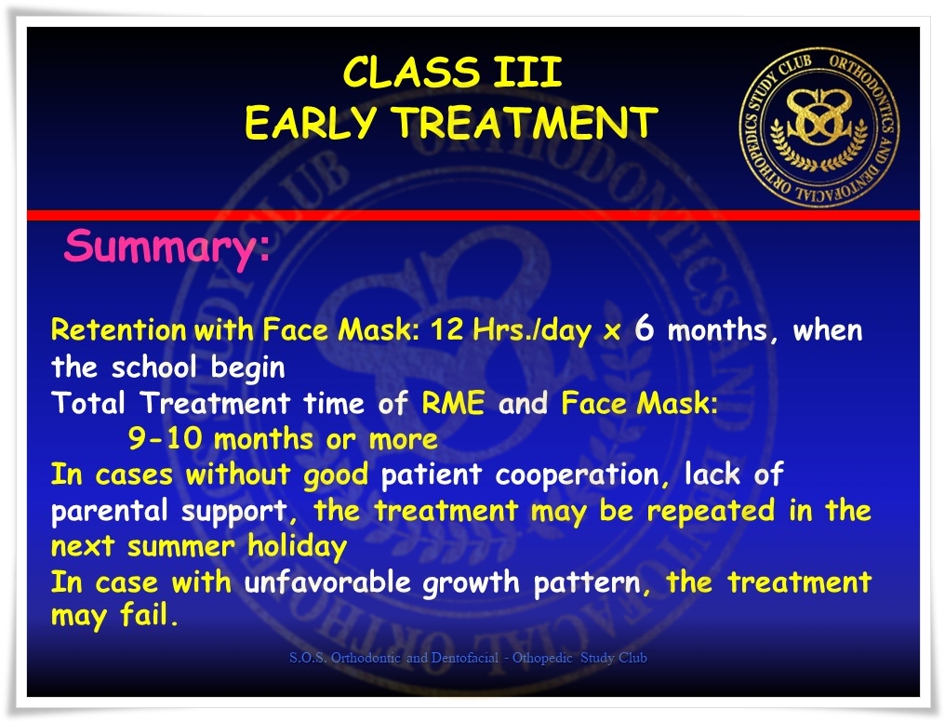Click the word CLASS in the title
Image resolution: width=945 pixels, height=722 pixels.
coord(412,73)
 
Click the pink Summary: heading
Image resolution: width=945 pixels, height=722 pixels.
coord(166,247)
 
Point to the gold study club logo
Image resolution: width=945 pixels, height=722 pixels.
coord(819,127)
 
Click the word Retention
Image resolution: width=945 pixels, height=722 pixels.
coord(119,329)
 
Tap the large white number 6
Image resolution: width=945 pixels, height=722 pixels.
coord(645,328)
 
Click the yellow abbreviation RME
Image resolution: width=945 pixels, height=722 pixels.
coord(453,403)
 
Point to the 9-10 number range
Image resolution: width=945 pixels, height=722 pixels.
coord(165,438)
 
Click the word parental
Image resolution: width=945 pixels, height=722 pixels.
coord(109,512)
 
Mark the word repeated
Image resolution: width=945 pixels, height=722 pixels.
coord(711,511)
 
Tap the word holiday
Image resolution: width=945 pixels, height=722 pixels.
coord(297,547)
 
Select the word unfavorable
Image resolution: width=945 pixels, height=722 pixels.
coord(327,582)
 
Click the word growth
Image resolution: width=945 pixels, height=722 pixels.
coord(471,582)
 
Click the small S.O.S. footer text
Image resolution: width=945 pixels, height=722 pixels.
coord(468,658)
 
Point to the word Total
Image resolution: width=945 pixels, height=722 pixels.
coord(88,403)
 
